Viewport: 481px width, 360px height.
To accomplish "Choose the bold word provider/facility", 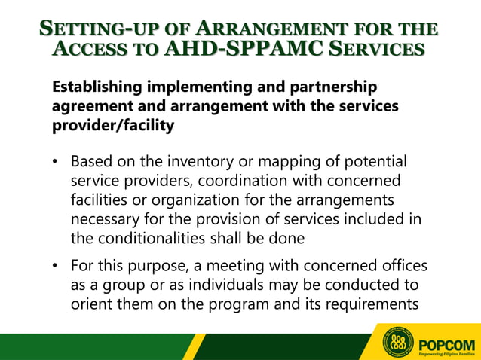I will point(112,125).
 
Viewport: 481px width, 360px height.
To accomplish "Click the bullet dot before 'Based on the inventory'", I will point(55,163).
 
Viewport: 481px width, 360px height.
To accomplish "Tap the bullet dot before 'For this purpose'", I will point(55,267).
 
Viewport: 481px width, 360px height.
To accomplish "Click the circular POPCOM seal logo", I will point(399,343).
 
